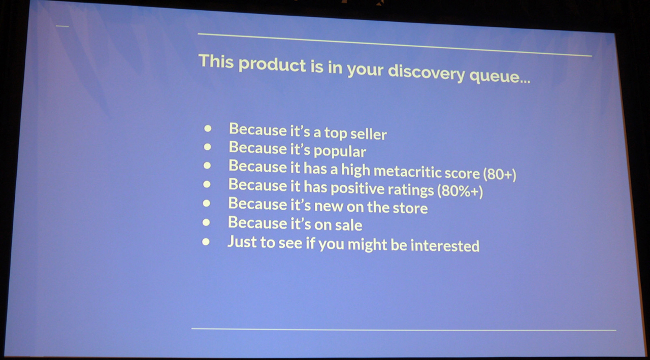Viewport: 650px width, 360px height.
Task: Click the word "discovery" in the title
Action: coord(427,73)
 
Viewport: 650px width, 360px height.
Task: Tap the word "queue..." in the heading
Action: coord(500,77)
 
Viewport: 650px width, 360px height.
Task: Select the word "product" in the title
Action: coord(272,65)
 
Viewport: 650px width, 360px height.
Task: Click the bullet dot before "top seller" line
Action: coord(208,128)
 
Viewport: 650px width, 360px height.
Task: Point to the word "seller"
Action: coord(369,134)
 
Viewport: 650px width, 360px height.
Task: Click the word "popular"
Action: coord(340,151)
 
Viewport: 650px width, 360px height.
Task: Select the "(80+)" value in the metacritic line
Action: coord(499,174)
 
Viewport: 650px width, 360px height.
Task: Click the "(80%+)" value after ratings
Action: coord(460,191)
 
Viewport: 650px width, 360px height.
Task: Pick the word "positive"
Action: coord(357,188)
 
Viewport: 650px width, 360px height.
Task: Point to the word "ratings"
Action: coord(411,190)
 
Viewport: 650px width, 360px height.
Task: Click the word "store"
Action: coord(410,208)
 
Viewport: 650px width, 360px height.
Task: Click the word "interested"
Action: coord(445,245)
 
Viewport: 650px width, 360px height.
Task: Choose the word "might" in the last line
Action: coord(367,245)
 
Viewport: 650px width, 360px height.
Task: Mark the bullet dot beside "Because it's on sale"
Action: coord(206,222)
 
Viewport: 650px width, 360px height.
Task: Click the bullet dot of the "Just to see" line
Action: coord(206,242)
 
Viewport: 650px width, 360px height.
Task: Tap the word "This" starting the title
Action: coord(216,61)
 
